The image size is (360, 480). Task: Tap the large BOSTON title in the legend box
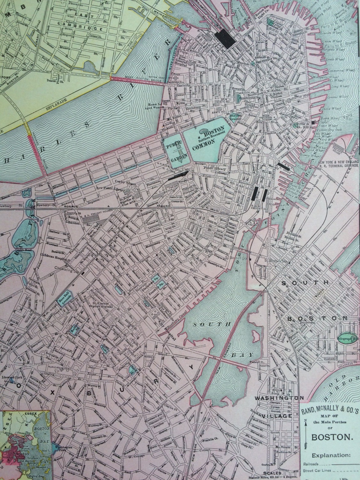tap(329, 436)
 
